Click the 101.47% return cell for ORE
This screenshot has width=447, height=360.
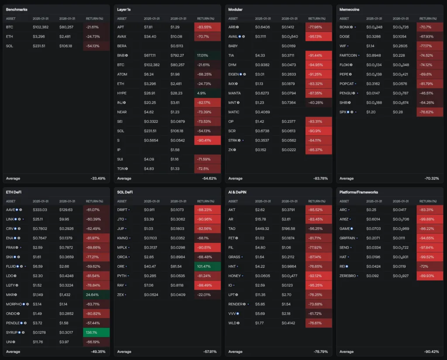[207, 266]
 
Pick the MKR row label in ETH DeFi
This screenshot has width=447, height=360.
[11, 294]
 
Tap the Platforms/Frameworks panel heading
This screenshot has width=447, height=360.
[358, 192]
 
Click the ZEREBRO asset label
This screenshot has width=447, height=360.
[350, 276]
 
